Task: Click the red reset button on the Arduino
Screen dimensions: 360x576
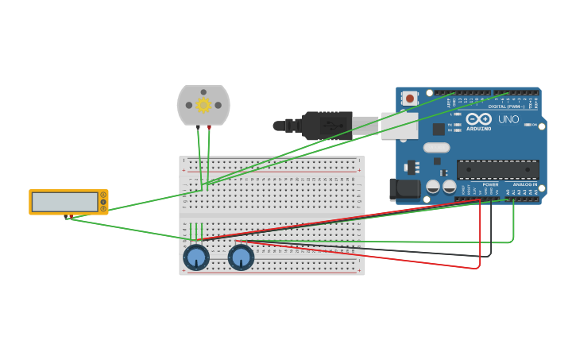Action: tap(410, 99)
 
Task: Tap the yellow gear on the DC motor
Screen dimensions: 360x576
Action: tap(203, 105)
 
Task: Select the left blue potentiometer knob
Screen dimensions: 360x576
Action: tap(196, 257)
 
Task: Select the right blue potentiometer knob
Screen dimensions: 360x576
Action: tap(241, 257)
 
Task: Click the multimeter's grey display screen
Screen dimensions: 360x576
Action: tap(64, 202)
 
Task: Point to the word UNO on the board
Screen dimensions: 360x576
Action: tap(508, 119)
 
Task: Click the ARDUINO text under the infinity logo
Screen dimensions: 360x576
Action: tap(478, 129)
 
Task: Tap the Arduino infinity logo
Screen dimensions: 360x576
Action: tap(478, 119)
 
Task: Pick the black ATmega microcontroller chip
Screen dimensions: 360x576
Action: tap(497, 169)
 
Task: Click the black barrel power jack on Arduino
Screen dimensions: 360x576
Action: tap(404, 189)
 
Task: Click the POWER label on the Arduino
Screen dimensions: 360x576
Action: tap(490, 184)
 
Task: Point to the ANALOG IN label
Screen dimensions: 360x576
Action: tap(524, 184)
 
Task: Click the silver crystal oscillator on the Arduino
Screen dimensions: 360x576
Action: tap(436, 147)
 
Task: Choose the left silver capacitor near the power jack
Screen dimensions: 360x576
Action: tap(433, 187)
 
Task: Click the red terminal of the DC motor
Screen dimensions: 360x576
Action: tap(210, 127)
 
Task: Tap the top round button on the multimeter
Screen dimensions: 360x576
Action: tap(102, 195)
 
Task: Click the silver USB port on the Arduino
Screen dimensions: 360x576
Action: tap(400, 126)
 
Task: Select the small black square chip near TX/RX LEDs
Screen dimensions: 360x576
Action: tap(439, 129)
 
